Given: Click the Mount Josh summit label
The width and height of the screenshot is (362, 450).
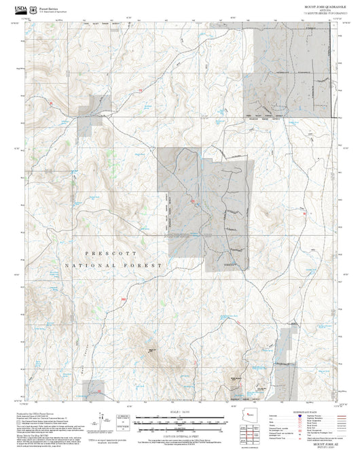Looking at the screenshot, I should (x=150, y=350).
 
